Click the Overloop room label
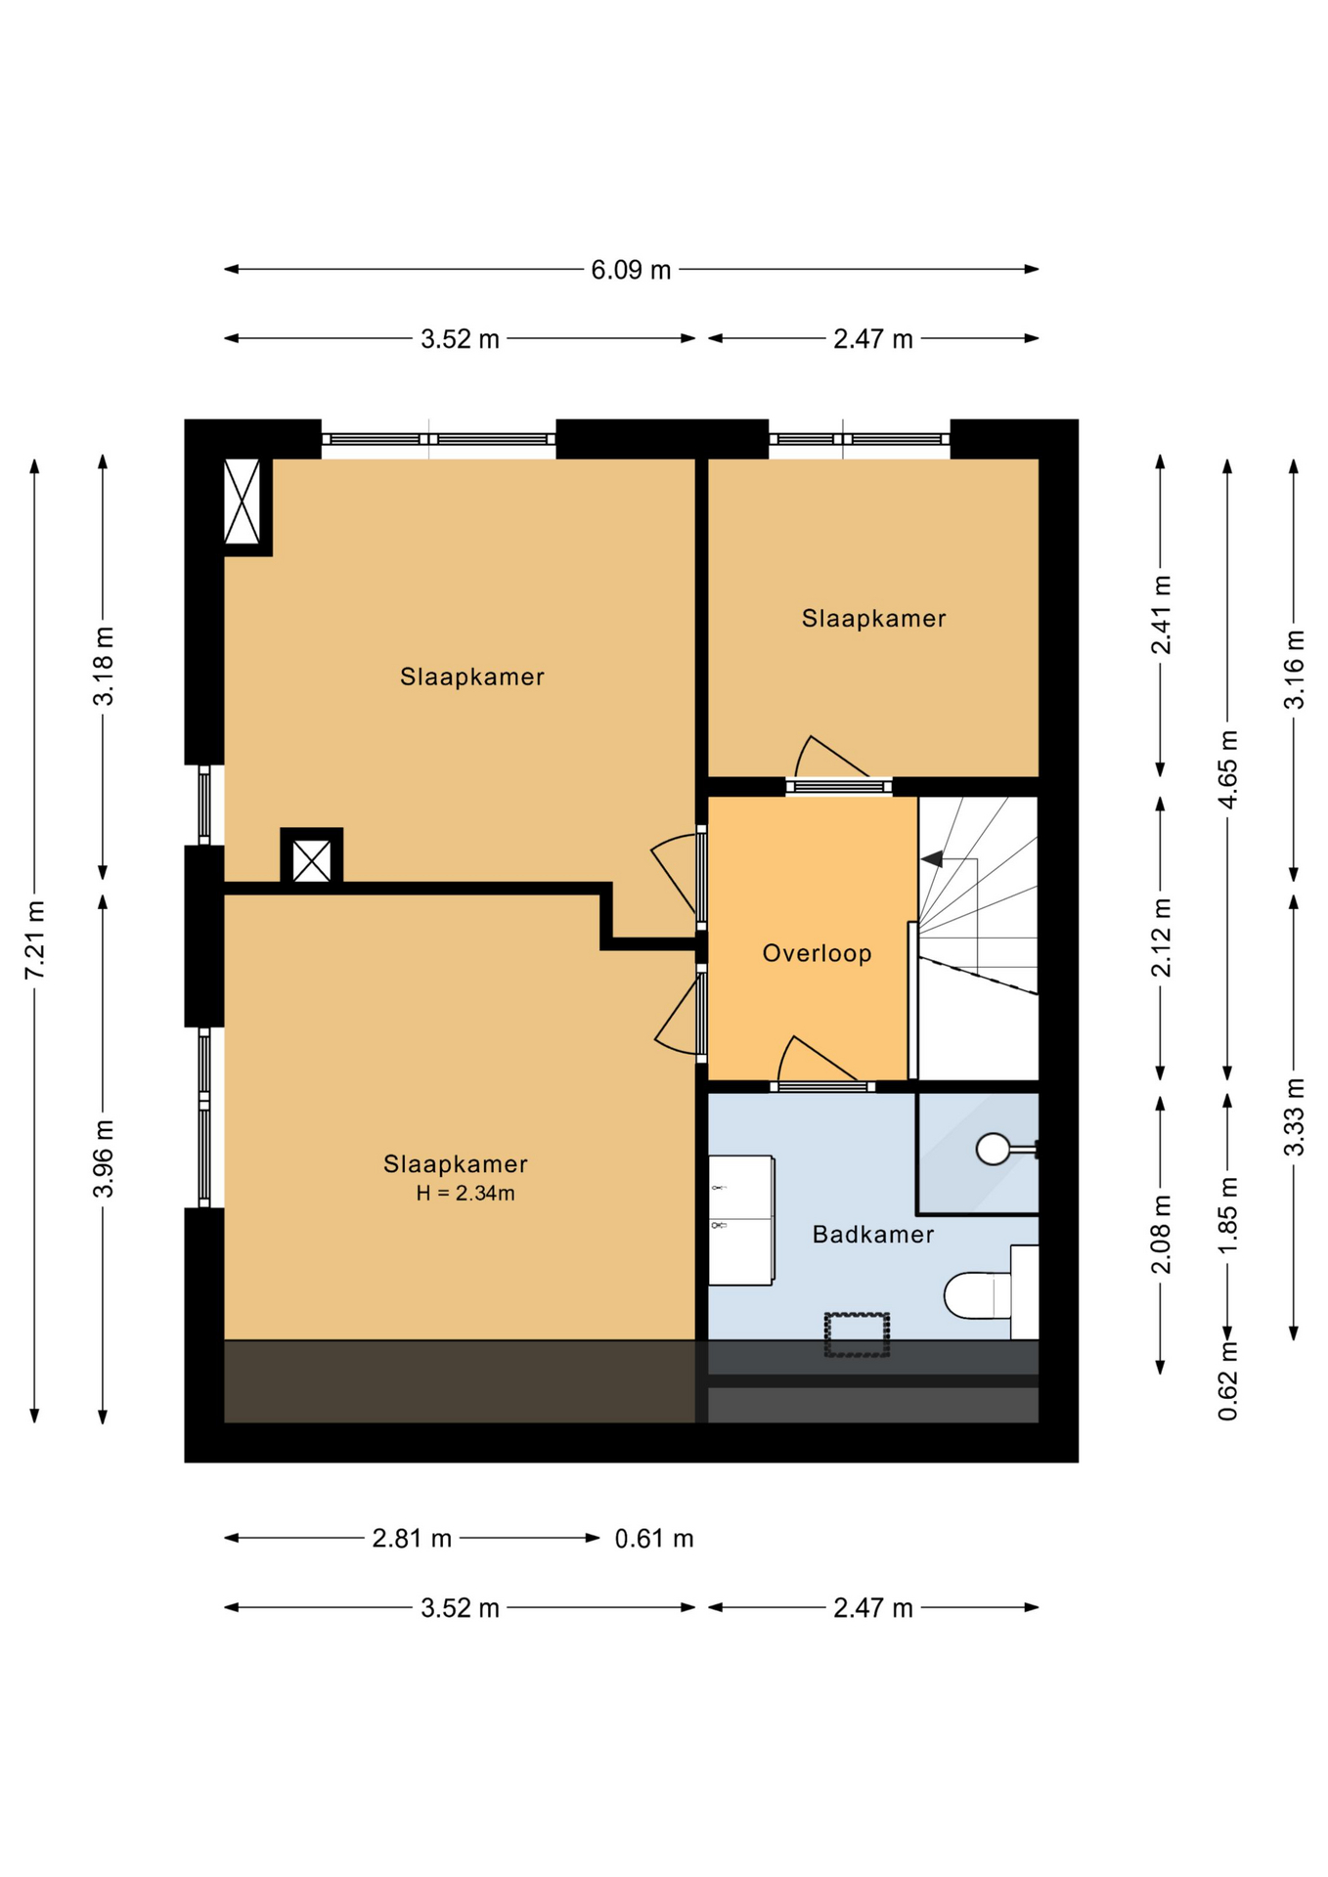click(x=817, y=953)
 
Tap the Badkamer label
click(x=873, y=1235)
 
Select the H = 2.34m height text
click(x=465, y=1194)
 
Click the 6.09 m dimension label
click(x=631, y=270)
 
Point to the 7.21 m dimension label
click(x=35, y=939)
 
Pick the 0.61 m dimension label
click(x=654, y=1539)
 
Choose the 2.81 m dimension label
click(x=412, y=1539)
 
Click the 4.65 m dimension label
click(x=1228, y=768)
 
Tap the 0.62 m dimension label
click(x=1228, y=1381)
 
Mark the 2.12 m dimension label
click(x=1161, y=938)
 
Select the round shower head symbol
click(x=993, y=1149)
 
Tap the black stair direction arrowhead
click(x=933, y=859)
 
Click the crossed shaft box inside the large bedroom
click(x=312, y=860)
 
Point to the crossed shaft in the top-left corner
click(x=243, y=502)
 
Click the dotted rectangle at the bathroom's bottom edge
click(x=857, y=1334)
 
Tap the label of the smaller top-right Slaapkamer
click(x=873, y=619)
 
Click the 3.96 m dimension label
click(x=104, y=1158)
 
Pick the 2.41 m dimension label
click(x=1161, y=615)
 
